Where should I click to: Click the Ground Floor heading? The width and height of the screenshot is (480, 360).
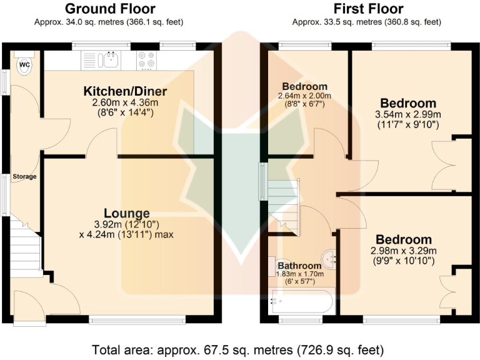click(110, 9)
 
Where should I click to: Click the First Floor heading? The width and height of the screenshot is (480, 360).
click(368, 9)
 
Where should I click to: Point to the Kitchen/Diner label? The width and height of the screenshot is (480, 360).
click(125, 92)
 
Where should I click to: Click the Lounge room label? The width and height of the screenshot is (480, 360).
click(126, 213)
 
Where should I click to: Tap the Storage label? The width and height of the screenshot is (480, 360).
click(26, 177)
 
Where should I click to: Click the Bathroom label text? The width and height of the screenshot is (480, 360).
click(299, 266)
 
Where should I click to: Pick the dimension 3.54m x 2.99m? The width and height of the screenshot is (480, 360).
click(407, 115)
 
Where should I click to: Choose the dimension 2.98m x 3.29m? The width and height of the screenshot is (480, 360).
click(403, 251)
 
